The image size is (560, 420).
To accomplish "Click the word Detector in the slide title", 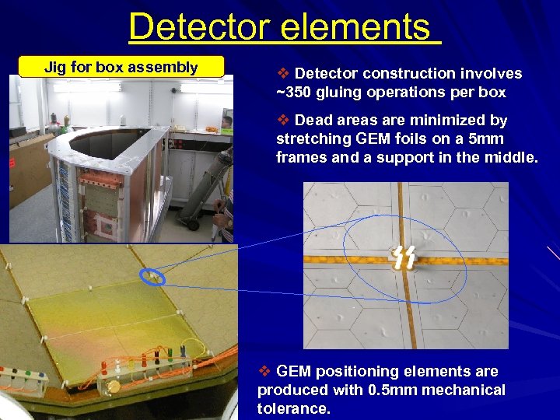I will tap(199, 26).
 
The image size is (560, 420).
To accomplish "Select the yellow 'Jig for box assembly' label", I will tap(121, 67).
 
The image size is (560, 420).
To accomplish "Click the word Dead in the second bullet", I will tap(315, 121).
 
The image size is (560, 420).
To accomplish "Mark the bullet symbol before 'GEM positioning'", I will tap(264, 372).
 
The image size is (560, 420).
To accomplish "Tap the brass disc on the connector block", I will tap(114, 387).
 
